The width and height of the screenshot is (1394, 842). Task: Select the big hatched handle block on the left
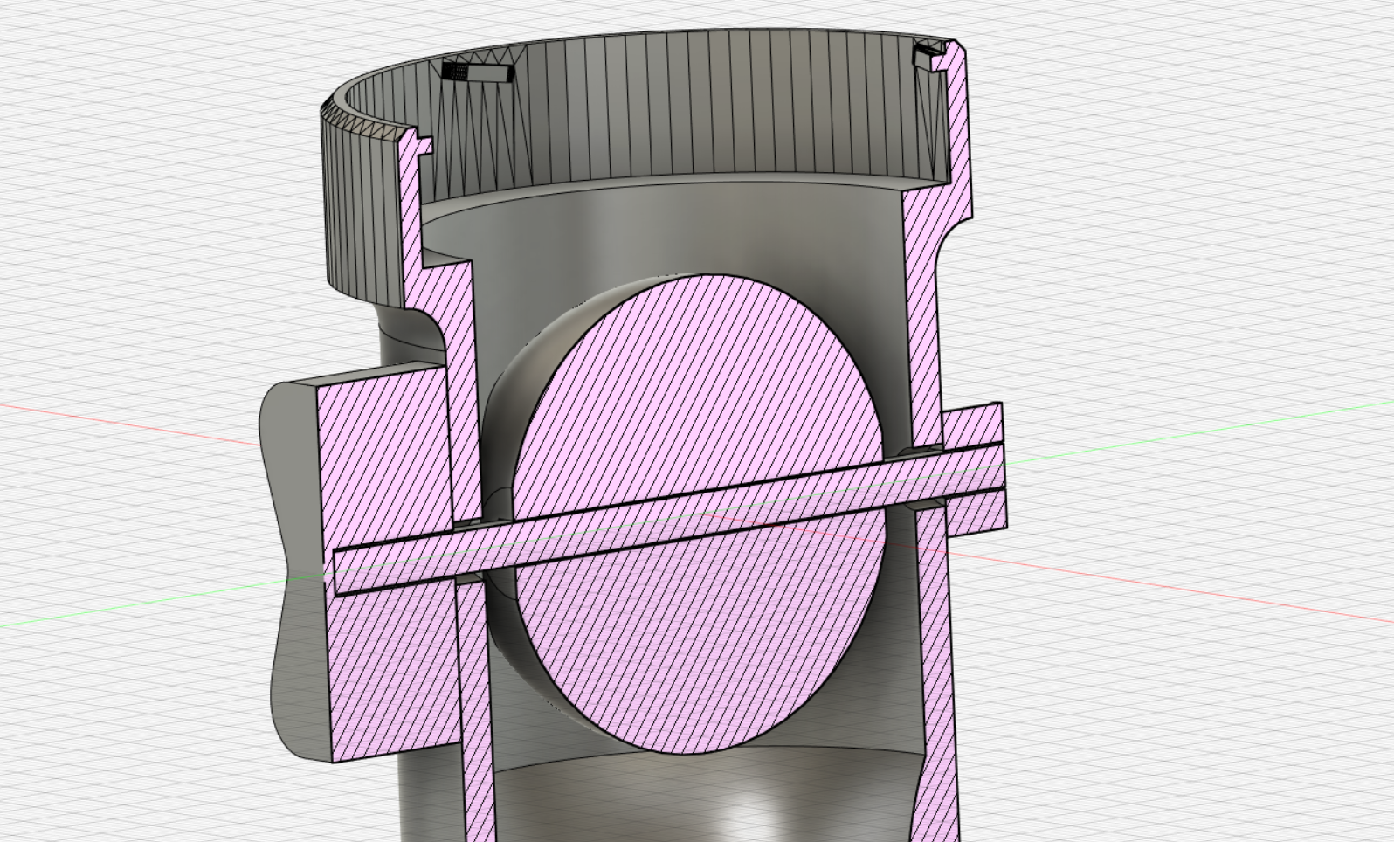[384, 454]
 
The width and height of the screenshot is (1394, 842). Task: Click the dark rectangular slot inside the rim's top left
[477, 72]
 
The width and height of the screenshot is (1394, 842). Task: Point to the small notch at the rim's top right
[928, 56]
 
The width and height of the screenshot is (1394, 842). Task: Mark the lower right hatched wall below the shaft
[935, 681]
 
